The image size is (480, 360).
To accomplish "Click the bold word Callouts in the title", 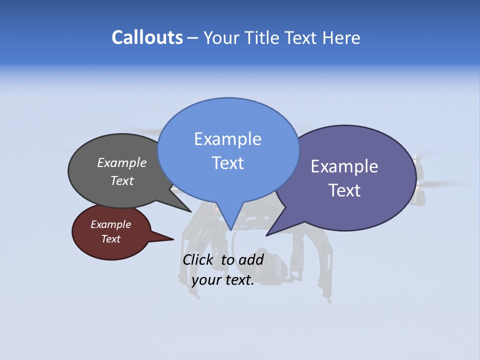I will [147, 37].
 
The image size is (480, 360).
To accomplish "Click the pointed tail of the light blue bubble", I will [230, 225].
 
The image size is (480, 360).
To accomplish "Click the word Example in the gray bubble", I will [122, 162].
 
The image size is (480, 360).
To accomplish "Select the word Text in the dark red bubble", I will [111, 239].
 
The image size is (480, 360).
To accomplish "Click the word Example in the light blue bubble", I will [227, 139].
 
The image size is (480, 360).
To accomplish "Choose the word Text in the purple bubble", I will [344, 190].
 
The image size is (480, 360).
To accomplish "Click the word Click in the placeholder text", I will [198, 259].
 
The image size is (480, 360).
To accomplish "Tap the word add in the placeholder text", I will [251, 259].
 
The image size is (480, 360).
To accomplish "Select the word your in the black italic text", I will [205, 280].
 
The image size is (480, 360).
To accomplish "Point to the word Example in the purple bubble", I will [344, 166].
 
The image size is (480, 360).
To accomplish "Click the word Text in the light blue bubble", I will [227, 163].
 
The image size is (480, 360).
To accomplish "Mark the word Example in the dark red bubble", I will [111, 224].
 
